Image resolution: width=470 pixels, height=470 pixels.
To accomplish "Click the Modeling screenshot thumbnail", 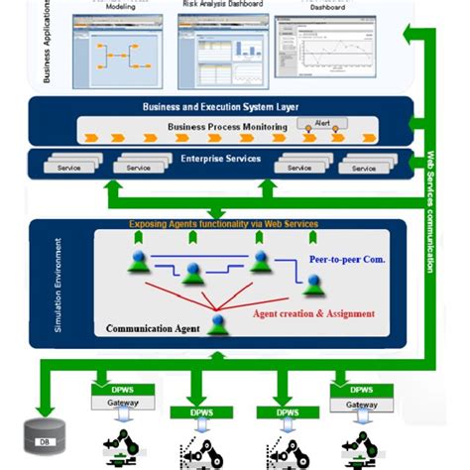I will pyautogui.click(x=120, y=49).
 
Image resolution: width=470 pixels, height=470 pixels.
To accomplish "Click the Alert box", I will pyautogui.click(x=323, y=123).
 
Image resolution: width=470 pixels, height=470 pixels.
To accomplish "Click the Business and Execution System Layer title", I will pyautogui.click(x=221, y=106).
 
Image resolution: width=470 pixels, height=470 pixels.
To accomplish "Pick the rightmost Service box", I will pyautogui.click(x=364, y=168).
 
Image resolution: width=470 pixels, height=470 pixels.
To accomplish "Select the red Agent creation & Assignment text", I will pyautogui.click(x=313, y=313).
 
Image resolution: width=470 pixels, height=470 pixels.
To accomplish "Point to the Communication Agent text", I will pyautogui.click(x=153, y=328).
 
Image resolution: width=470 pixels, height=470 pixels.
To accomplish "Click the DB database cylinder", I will pyautogui.click(x=45, y=435).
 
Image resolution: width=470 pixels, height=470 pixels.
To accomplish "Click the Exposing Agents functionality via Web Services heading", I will pyautogui.click(x=223, y=224).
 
